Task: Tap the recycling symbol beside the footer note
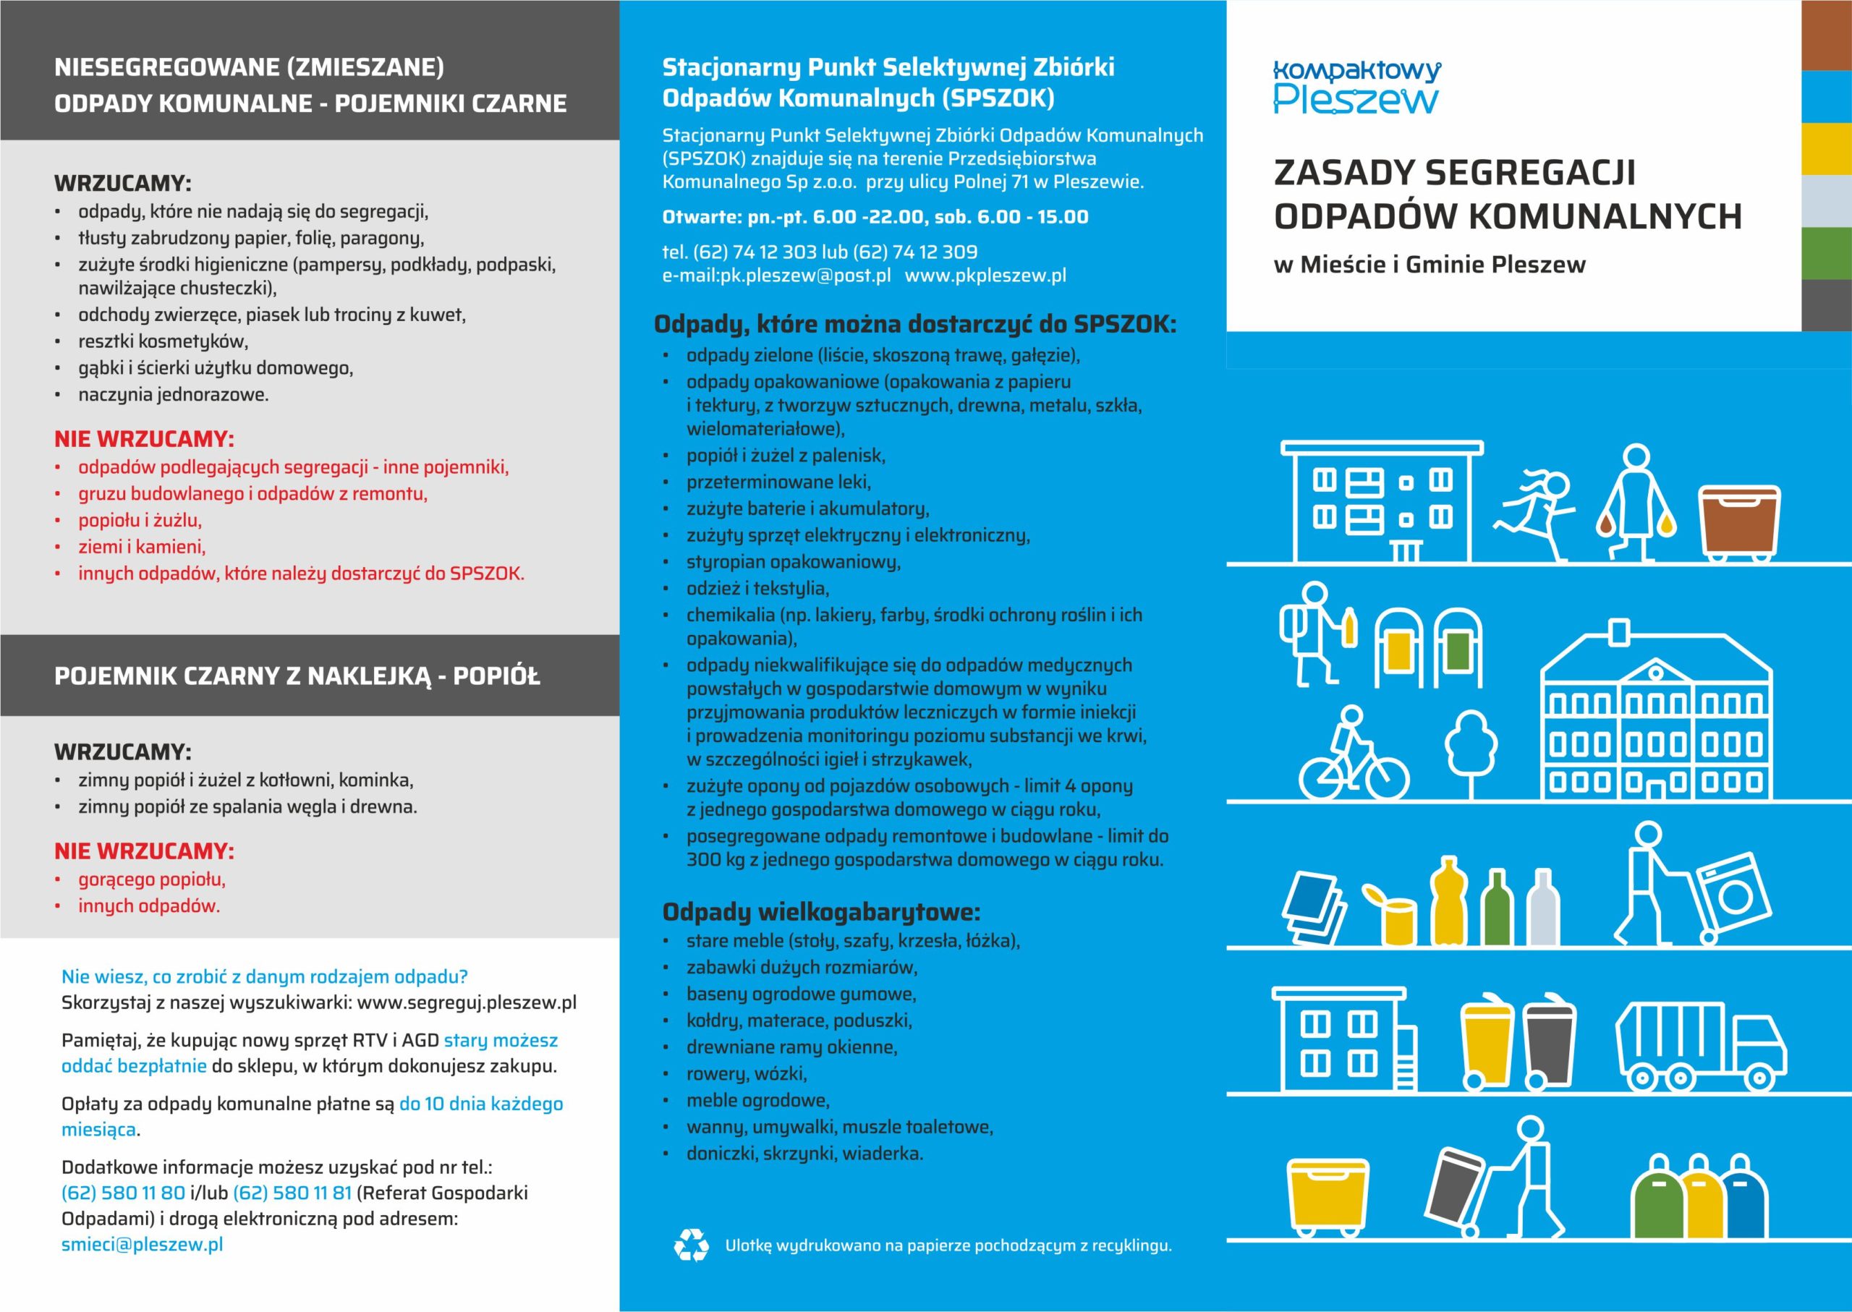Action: coord(691,1245)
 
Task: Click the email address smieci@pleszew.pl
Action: coord(143,1244)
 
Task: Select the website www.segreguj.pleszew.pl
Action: coord(467,1002)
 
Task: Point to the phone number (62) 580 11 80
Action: coord(123,1193)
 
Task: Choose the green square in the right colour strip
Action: coord(1826,253)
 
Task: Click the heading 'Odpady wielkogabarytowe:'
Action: coord(821,912)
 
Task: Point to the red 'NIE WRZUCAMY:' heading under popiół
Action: coord(144,851)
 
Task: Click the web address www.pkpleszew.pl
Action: coord(985,276)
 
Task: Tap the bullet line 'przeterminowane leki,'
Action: coord(778,482)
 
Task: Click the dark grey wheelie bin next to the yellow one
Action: coord(1549,1044)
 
